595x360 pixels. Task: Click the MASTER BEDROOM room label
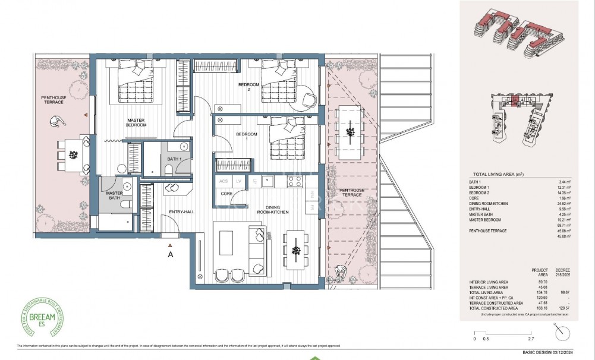[136, 122]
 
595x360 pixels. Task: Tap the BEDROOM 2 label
[249, 88]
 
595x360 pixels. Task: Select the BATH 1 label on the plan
[174, 160]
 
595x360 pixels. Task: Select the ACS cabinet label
[223, 181]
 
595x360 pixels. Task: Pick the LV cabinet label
[239, 181]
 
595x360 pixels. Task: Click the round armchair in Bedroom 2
[307, 97]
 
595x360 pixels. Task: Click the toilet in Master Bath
[124, 204]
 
